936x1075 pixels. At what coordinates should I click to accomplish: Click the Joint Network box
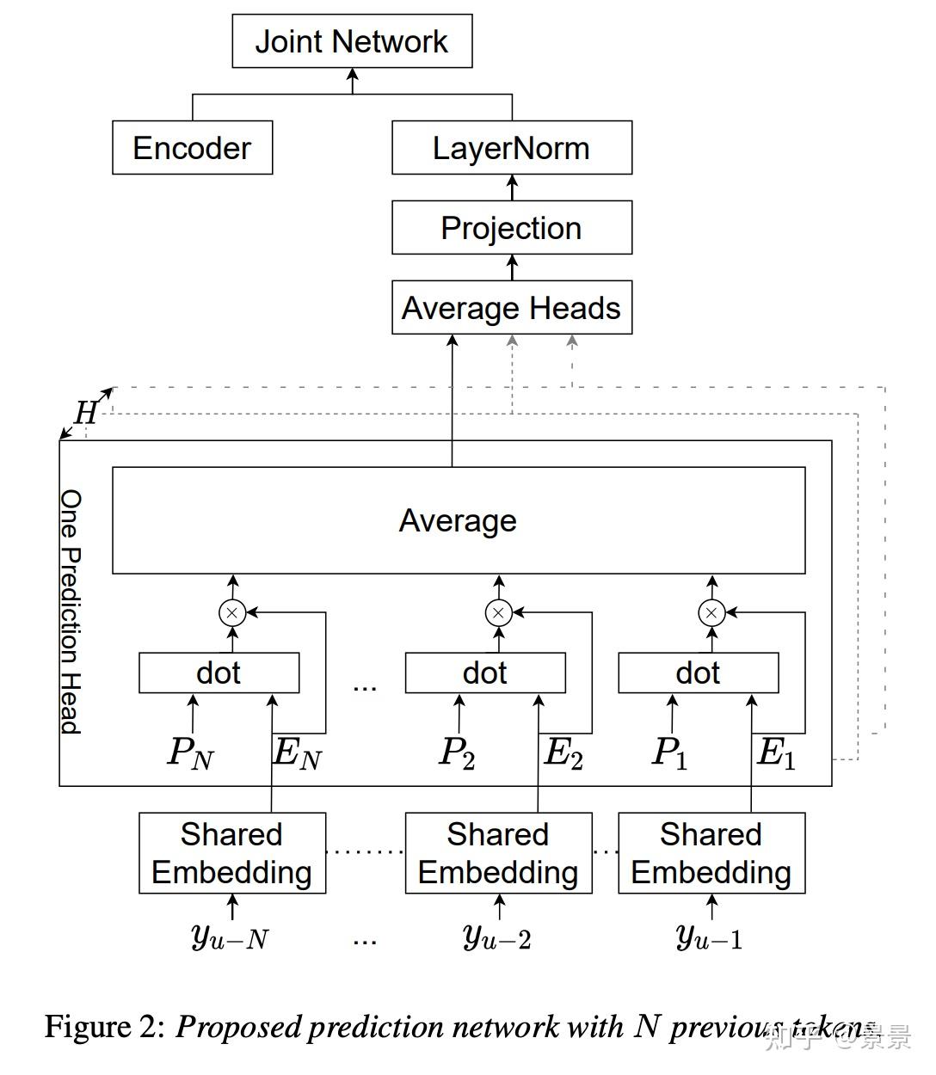coord(352,41)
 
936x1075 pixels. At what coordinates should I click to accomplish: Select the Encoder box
coord(192,148)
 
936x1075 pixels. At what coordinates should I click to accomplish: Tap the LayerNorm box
coord(511,148)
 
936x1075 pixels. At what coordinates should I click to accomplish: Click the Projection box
coord(511,228)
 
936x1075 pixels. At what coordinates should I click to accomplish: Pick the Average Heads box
coord(511,308)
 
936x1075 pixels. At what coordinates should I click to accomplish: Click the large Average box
coord(458,520)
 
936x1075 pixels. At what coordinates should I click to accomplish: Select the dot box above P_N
coord(219,673)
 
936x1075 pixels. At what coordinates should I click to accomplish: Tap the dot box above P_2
coord(485,673)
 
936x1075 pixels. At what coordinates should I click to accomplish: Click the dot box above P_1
coord(698,673)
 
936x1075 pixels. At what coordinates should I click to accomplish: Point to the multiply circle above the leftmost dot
coord(232,613)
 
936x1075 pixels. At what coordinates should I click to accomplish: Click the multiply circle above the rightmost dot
coord(711,613)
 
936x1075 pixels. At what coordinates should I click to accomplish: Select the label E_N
coord(297,753)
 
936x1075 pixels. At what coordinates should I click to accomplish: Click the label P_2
coord(457,753)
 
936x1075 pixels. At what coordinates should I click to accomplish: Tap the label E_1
coord(776,753)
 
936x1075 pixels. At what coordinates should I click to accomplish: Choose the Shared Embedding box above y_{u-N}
coord(232,853)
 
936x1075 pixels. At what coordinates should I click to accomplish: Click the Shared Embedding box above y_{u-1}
coord(711,853)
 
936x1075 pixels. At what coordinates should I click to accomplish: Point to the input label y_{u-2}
coord(496,936)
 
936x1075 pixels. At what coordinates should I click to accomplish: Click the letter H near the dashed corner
coord(86,413)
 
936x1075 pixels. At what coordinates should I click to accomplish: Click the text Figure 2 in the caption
coord(103,1027)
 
